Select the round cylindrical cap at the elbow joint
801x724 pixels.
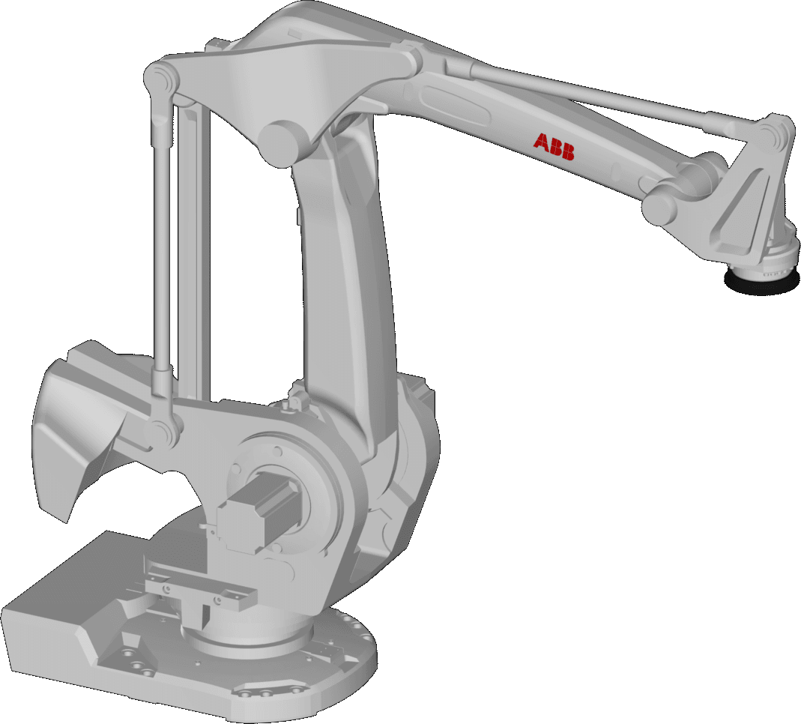[x=280, y=140]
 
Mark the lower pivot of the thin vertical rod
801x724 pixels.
[x=162, y=431]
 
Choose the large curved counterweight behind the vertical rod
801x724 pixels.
[x=82, y=420]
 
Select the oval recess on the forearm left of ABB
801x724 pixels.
[x=450, y=100]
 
